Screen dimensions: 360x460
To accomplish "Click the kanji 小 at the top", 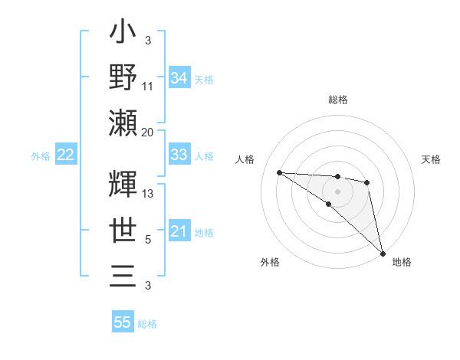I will pyautogui.click(x=123, y=34).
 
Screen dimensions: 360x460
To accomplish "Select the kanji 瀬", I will pyautogui.click(x=123, y=123).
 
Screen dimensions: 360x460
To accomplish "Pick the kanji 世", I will pyautogui.click(x=123, y=230).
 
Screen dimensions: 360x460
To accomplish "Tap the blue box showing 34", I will pyautogui.click(x=179, y=78).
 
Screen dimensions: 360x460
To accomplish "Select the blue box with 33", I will pyautogui.click(x=179, y=155).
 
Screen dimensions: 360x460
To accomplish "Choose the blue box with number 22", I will pyautogui.click(x=65, y=155).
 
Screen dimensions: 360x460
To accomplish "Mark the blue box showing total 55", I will pyautogui.click(x=123, y=322).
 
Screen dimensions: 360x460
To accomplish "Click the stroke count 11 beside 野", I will pyautogui.click(x=148, y=86).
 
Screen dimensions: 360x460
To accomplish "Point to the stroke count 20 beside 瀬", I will pyautogui.click(x=148, y=132).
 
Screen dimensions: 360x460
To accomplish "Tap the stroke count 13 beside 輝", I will pyautogui.click(x=148, y=194).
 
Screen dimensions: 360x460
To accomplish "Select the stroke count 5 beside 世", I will pyautogui.click(x=148, y=240).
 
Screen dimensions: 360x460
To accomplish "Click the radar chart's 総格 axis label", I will pyautogui.click(x=337, y=100).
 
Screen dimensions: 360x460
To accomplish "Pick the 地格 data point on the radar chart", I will pyautogui.click(x=383, y=253).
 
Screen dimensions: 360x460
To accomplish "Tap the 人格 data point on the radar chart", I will pyautogui.click(x=279, y=172).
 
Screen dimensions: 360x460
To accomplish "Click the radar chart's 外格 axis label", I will pyautogui.click(x=270, y=262).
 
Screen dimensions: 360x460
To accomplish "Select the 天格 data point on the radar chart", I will pyautogui.click(x=367, y=182).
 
